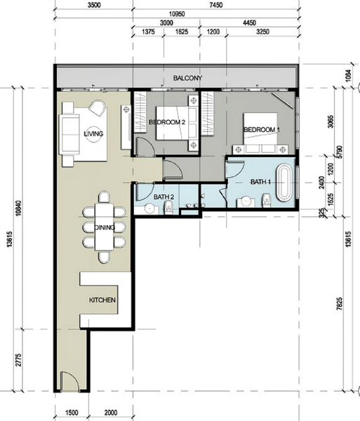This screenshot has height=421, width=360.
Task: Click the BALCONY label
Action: click(187, 78)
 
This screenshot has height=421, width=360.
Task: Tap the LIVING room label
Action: click(93, 133)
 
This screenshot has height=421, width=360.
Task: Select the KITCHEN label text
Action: click(102, 300)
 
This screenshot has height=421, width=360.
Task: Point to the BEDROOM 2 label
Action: click(167, 122)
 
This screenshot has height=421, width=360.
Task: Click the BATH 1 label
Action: click(260, 182)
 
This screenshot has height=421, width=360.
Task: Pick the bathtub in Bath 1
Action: click(284, 182)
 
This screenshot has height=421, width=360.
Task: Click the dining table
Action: click(105, 227)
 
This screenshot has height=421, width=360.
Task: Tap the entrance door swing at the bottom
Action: click(69, 381)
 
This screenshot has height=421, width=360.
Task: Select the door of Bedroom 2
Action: click(145, 147)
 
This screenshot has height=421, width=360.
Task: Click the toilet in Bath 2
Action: click(169, 208)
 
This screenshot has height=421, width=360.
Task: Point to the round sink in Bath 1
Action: click(246, 201)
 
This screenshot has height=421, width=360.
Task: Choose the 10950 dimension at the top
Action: click(177, 14)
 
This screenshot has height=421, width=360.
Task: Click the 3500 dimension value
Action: click(94, 5)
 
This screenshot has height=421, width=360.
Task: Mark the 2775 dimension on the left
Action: click(18, 360)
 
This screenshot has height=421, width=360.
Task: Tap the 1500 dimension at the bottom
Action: click(72, 412)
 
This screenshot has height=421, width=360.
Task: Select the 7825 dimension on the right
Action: click(340, 304)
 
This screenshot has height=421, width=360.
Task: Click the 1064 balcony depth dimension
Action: click(348, 76)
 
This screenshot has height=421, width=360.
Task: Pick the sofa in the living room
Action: click(69, 134)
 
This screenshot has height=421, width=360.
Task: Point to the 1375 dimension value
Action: click(148, 32)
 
